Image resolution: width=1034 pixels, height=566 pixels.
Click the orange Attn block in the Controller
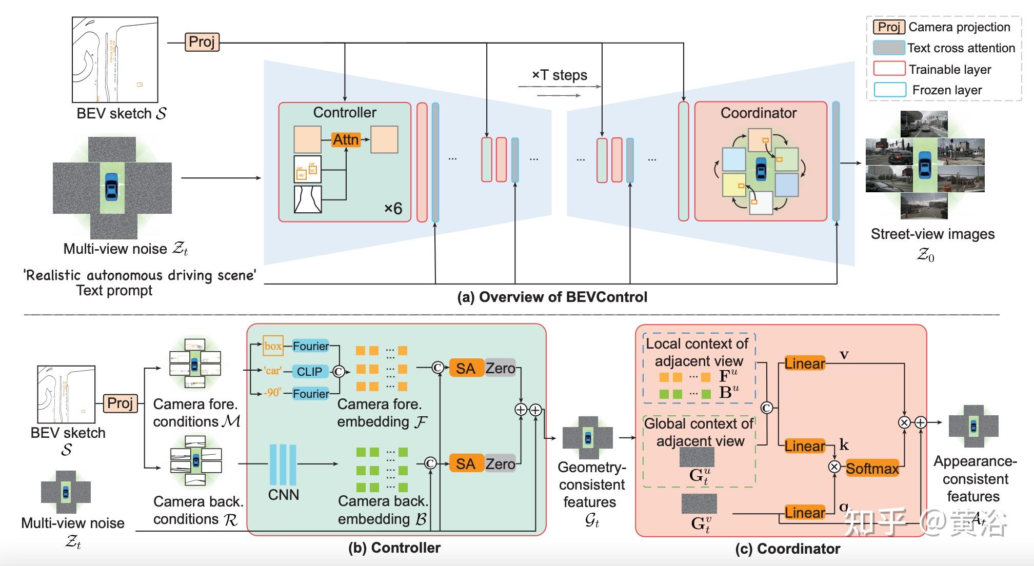pos(346,139)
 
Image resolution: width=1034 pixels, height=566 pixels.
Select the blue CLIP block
pos(310,371)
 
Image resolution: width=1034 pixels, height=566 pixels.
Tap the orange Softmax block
pos(872,469)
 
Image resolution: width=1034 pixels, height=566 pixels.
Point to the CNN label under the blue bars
pos(284,495)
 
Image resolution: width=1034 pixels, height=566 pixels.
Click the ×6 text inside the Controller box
pos(393,208)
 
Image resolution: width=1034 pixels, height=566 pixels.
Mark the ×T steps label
pos(559,75)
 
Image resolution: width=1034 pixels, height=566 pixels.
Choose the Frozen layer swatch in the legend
pos(889,90)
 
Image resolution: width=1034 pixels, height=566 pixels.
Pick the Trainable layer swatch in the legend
pos(889,69)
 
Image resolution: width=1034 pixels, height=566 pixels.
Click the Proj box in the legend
pos(888,27)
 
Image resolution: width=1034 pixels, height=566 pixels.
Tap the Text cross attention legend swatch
pos(889,48)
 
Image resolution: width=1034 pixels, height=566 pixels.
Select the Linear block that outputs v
pos(805,363)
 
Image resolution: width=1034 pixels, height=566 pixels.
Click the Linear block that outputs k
pos(805,446)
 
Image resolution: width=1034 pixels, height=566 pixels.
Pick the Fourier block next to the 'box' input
pos(311,346)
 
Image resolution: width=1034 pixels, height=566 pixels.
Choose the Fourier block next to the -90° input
pos(311,394)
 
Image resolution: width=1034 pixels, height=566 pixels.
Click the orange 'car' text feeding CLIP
pos(272,371)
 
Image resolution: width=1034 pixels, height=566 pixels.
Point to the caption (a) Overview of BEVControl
pos(552,297)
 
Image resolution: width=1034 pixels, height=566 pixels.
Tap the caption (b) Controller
pos(394,548)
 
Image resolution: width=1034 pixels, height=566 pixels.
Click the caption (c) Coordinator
pos(787,549)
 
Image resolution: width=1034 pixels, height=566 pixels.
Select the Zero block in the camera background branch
pos(500,464)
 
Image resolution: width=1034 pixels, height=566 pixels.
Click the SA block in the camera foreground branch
pos(466,368)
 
